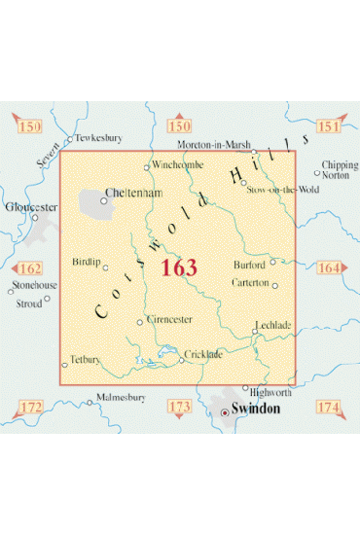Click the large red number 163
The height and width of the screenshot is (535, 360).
[x=179, y=268]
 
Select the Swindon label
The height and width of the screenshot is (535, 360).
[x=255, y=410]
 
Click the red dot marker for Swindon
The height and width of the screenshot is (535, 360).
[x=226, y=411]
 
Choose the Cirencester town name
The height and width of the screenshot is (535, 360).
[x=169, y=319]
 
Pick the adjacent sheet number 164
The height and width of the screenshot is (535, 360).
[x=328, y=267]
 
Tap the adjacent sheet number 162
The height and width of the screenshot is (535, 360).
[x=29, y=267]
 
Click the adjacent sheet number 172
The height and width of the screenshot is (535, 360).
[x=31, y=405]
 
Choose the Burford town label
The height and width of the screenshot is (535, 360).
[x=249, y=264]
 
